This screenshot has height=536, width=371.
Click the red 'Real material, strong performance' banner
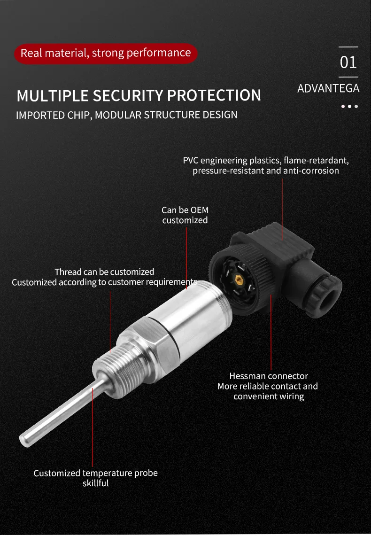(x=106, y=53)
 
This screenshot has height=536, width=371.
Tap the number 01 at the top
(x=348, y=62)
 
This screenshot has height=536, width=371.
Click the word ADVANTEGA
(x=328, y=88)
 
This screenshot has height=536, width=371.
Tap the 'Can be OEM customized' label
(x=185, y=215)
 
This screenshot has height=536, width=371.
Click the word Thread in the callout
(x=68, y=272)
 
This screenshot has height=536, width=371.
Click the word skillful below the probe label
(x=95, y=483)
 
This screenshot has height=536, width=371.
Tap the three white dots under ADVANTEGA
(x=349, y=107)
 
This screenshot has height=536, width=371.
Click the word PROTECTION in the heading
(x=214, y=95)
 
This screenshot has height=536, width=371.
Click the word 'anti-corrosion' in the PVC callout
(x=310, y=171)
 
